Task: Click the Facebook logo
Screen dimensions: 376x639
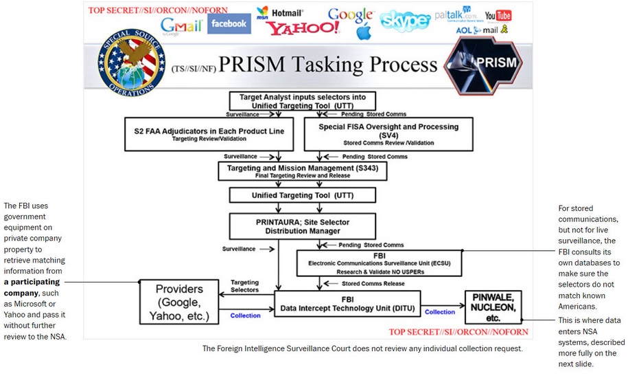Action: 229,24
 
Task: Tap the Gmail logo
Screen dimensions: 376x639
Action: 182,26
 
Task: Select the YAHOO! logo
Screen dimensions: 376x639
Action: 303,28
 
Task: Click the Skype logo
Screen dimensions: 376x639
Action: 405,21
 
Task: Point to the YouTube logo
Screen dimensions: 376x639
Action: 498,15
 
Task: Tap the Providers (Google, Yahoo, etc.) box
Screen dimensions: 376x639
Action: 180,302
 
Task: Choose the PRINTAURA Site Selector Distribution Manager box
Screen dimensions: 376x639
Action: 302,226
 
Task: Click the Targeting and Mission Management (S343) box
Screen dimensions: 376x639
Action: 302,170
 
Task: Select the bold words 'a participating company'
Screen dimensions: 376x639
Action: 32,287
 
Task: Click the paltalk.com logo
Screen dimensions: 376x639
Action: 456,15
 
